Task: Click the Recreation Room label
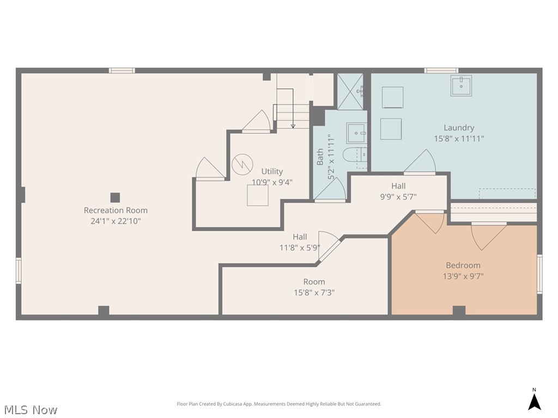click(x=116, y=210)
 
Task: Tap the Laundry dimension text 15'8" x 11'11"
click(x=458, y=139)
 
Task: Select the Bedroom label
click(x=463, y=265)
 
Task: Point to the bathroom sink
click(x=356, y=133)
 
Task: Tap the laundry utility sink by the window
click(x=461, y=86)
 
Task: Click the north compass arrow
click(x=535, y=401)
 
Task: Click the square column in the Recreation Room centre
click(x=115, y=198)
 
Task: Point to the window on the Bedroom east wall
click(x=539, y=274)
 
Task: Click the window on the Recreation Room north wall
click(x=122, y=70)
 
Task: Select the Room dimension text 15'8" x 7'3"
click(x=314, y=292)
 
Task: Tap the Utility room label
click(x=272, y=171)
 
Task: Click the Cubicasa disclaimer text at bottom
click(x=279, y=404)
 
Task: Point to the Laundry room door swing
click(x=422, y=162)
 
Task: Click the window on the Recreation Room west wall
click(x=19, y=271)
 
